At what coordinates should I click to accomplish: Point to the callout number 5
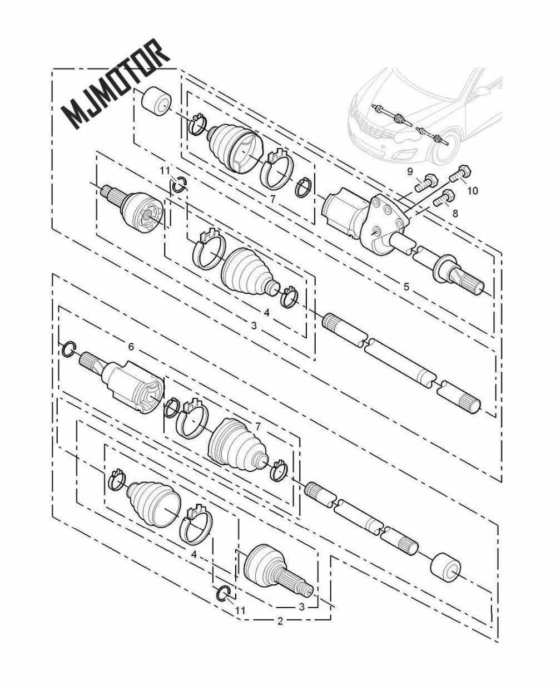click(x=406, y=287)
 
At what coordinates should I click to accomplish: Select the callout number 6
click(x=131, y=347)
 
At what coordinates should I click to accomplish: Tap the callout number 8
click(x=455, y=213)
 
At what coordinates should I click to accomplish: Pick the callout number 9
click(x=410, y=172)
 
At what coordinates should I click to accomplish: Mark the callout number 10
click(x=473, y=191)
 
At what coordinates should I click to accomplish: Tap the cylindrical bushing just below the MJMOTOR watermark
click(x=156, y=100)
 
